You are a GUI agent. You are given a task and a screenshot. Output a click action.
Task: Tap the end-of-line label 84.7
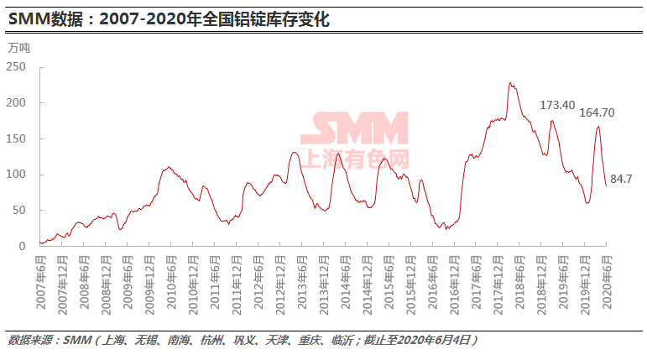[622, 180]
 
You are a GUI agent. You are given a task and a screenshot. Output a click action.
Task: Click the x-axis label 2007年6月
[39, 277]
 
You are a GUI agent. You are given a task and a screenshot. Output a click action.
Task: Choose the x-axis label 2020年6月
[608, 277]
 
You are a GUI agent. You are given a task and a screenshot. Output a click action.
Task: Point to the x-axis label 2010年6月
[170, 277]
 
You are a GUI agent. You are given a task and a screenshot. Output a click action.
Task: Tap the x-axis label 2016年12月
[454, 277]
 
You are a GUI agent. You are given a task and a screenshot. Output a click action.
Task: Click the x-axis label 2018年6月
[519, 277]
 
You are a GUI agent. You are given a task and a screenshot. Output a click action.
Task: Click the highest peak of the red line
[510, 83]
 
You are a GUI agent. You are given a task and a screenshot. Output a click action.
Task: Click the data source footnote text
[243, 340]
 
